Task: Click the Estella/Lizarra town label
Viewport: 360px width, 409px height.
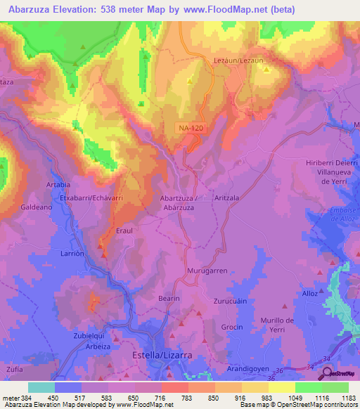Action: (162, 356)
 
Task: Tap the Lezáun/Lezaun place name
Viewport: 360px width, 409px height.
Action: (239, 61)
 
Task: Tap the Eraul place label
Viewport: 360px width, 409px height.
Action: (124, 230)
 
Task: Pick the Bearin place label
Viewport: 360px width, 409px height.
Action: (169, 299)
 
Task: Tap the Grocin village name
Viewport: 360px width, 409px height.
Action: (232, 327)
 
